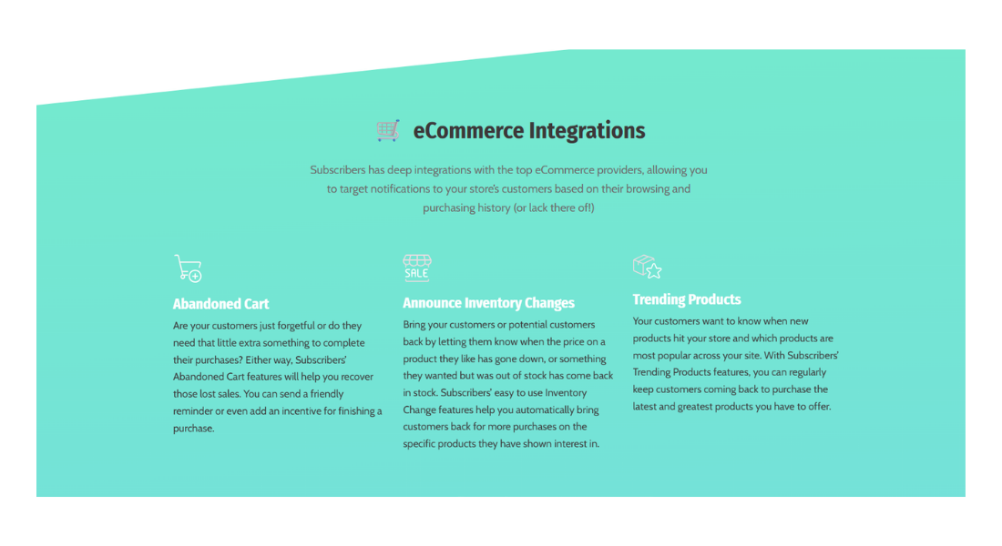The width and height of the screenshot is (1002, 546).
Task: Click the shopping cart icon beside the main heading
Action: point(388,130)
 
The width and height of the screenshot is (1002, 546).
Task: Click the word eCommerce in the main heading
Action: point(468,131)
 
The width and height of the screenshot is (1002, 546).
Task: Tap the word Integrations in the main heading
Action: point(588,131)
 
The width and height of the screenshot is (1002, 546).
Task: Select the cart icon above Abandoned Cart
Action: point(188,268)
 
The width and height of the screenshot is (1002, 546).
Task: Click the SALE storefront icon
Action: point(416,268)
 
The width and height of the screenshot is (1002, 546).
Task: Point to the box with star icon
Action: point(647,267)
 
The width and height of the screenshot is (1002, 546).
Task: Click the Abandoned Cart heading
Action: point(220,304)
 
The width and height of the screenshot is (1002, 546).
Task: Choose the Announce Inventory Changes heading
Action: point(488,303)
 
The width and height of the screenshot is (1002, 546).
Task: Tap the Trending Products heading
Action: point(686,299)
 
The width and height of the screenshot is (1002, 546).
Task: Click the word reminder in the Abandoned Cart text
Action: point(192,411)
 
